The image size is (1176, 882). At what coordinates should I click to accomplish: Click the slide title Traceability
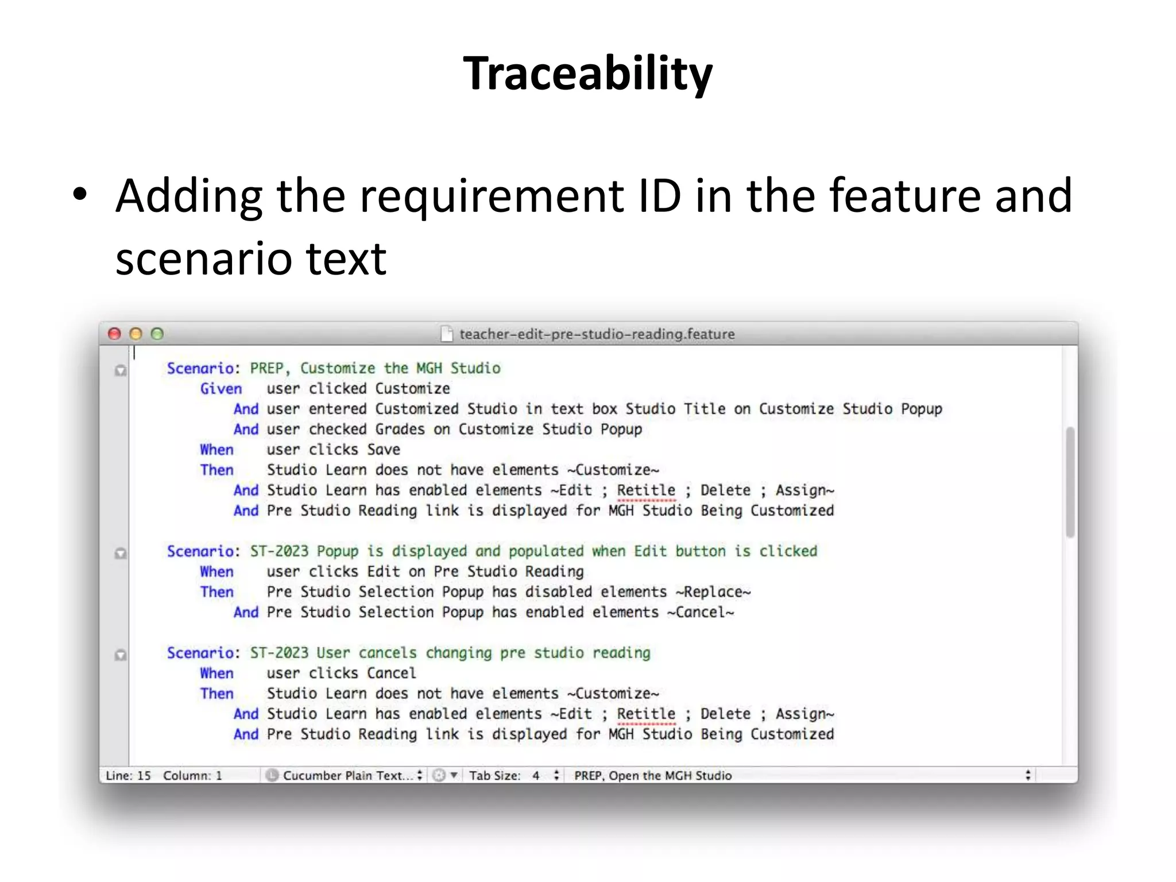[587, 73]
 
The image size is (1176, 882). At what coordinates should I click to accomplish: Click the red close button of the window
[114, 334]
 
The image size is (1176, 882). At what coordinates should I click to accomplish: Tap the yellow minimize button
[136, 334]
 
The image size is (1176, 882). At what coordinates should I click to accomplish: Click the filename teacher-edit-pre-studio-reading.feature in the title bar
[597, 334]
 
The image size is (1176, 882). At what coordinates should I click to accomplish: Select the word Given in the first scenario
[221, 389]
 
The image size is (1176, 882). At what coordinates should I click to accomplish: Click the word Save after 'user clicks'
[384, 450]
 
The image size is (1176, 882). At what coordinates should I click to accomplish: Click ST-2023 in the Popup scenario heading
[279, 551]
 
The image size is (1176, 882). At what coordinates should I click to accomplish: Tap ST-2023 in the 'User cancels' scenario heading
[279, 653]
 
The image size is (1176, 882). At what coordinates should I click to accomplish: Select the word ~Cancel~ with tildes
[701, 612]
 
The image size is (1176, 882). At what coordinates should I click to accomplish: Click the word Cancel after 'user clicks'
[391, 673]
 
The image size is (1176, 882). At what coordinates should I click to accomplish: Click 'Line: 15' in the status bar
[128, 776]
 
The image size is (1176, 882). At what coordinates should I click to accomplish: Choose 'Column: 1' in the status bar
[192, 776]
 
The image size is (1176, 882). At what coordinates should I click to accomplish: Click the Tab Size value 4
[536, 776]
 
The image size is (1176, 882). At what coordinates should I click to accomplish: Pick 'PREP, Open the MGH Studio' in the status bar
[653, 776]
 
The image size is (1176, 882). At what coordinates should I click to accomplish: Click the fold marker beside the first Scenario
[121, 370]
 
